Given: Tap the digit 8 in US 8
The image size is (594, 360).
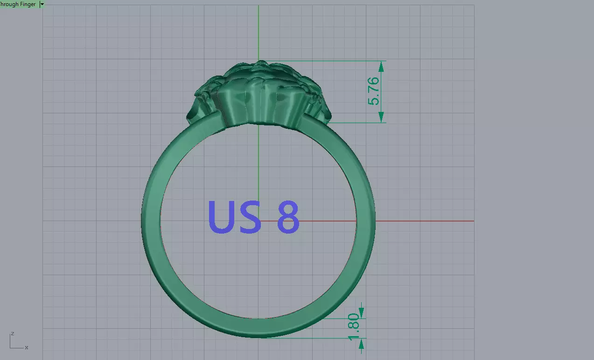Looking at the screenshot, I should point(288,217).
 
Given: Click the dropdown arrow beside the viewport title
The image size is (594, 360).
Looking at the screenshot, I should point(42,4).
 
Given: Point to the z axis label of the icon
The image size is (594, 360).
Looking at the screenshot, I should point(12,333).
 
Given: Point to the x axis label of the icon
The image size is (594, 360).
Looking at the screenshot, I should point(27,347).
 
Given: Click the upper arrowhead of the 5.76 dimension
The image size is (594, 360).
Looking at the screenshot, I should point(381,66).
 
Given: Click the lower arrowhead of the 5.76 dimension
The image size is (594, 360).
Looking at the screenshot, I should point(381,117).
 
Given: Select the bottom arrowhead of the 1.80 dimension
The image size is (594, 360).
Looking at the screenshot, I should point(361,344).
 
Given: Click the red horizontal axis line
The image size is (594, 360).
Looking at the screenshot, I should point(420,221).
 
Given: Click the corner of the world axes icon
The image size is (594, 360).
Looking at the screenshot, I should point(11,347).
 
